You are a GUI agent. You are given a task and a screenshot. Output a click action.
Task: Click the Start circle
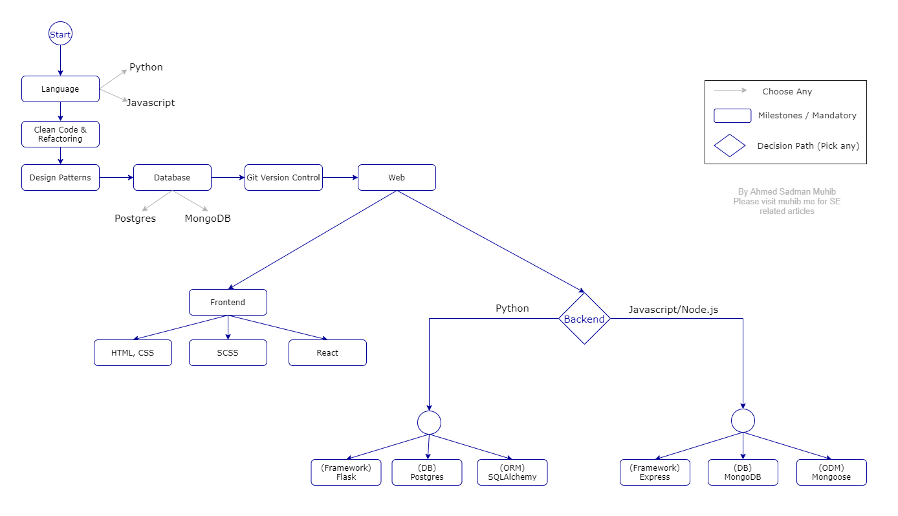[60, 34]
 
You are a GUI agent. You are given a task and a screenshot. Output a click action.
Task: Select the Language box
[60, 89]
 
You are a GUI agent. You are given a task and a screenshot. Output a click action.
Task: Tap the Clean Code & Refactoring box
[60, 134]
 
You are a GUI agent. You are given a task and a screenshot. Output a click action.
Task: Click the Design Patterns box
[60, 177]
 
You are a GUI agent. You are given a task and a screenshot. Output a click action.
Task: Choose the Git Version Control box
[283, 177]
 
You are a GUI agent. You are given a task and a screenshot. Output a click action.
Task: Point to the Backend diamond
[584, 319]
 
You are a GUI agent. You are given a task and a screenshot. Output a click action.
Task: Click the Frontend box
[228, 302]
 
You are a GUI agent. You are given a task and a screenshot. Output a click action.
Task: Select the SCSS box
[228, 352]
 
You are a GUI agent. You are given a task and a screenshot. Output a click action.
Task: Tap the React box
[327, 352]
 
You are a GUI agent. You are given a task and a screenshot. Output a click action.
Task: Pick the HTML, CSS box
[133, 352]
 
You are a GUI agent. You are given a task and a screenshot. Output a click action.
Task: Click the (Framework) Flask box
[346, 472]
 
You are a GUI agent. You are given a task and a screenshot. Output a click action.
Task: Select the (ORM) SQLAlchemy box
[512, 472]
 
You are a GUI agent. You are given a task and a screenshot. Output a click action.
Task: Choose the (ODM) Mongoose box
[831, 472]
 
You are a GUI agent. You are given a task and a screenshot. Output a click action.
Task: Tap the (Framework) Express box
[655, 472]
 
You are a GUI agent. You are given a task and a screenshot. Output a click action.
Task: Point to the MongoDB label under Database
[208, 219]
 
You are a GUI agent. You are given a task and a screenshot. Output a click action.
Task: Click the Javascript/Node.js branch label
[673, 310]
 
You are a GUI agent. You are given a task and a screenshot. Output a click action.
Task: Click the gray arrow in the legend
[730, 90]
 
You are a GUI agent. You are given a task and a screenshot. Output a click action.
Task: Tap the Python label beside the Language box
[146, 67]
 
